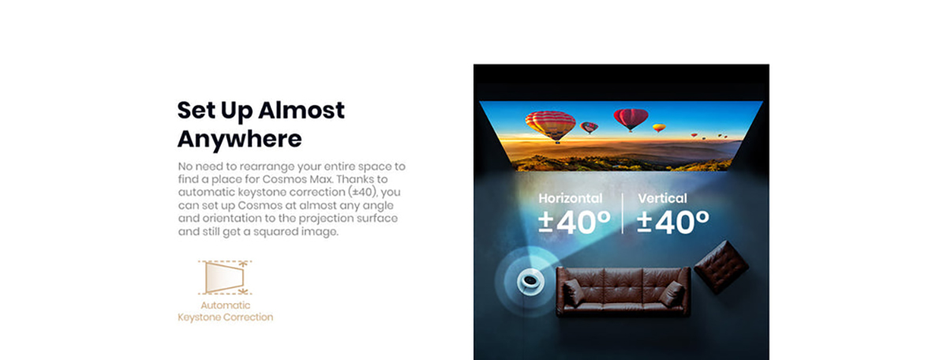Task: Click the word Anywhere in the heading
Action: pos(239,140)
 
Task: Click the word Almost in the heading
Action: pos(301,110)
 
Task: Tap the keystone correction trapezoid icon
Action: pos(225,278)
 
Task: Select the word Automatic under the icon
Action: pos(226,305)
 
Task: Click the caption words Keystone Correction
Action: pos(226,317)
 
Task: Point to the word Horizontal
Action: pos(571,198)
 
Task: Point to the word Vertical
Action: pos(662,198)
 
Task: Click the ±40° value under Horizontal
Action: pos(575,222)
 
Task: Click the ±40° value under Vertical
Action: pos(673,222)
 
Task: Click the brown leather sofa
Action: pos(623,291)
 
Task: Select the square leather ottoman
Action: pos(721,266)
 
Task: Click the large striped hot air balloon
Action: pos(551,126)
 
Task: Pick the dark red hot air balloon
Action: pos(631,119)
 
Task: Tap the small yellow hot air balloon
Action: pos(659,128)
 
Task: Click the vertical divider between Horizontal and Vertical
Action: pos(623,213)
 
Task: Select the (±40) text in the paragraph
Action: pos(362,192)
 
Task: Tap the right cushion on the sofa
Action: pos(672,294)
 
